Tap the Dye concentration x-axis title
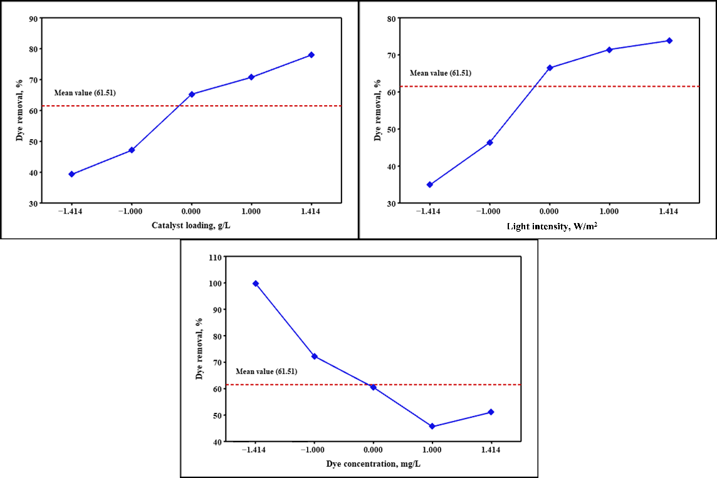[373, 464]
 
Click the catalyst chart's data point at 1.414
[311, 55]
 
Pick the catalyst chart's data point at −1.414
[71, 174]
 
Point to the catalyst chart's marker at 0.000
[191, 94]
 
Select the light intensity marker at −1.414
[429, 185]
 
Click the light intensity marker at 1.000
[609, 49]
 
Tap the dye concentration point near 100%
[255, 284]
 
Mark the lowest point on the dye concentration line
[432, 427]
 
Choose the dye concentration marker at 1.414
[491, 412]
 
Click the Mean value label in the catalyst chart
[85, 93]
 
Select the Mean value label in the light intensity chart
[441, 73]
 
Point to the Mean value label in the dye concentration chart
[266, 371]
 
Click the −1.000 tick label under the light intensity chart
[489, 212]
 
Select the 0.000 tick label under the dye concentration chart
[373, 450]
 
